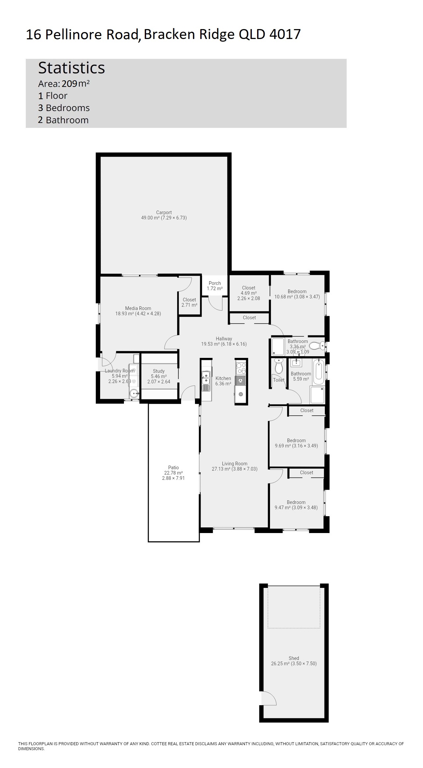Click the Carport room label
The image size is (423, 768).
coord(164,212)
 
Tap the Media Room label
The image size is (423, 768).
coord(138,308)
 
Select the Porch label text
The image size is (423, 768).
coord(215,283)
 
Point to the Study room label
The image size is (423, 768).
coord(159,371)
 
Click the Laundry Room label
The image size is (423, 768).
coord(120,371)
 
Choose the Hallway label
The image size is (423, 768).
coord(224,339)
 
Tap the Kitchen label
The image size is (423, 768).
coord(223,378)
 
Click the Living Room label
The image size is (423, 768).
coord(235,464)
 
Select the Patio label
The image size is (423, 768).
coord(173,468)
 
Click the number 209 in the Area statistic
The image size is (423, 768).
coord(69,84)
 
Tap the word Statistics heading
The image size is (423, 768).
coord(71,68)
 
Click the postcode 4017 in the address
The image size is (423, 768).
coord(285,34)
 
